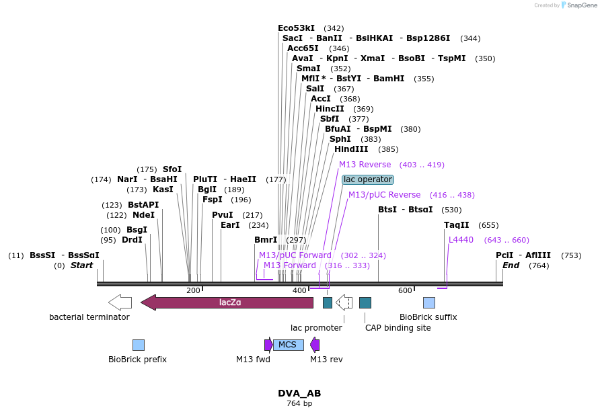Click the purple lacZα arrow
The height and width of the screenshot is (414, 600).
227,302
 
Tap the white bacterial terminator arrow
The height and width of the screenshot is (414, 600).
120,302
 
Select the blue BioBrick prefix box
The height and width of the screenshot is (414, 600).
139,345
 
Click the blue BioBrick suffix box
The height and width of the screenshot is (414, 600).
428,302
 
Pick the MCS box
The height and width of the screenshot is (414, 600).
288,345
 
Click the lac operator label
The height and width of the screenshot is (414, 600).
367,179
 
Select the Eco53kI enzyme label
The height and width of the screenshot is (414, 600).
296,28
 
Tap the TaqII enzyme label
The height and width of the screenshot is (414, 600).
456,225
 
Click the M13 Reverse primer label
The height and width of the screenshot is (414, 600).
365,165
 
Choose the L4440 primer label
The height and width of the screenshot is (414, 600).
461,240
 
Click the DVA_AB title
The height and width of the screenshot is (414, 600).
299,393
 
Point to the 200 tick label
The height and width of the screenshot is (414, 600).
193,290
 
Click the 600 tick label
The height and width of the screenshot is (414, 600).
405,290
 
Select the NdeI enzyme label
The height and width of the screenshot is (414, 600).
143,215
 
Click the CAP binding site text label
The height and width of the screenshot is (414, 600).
398,328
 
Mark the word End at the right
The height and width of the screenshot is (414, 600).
511,265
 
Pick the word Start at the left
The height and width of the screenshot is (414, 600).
81,265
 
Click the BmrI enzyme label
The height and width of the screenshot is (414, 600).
265,240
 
